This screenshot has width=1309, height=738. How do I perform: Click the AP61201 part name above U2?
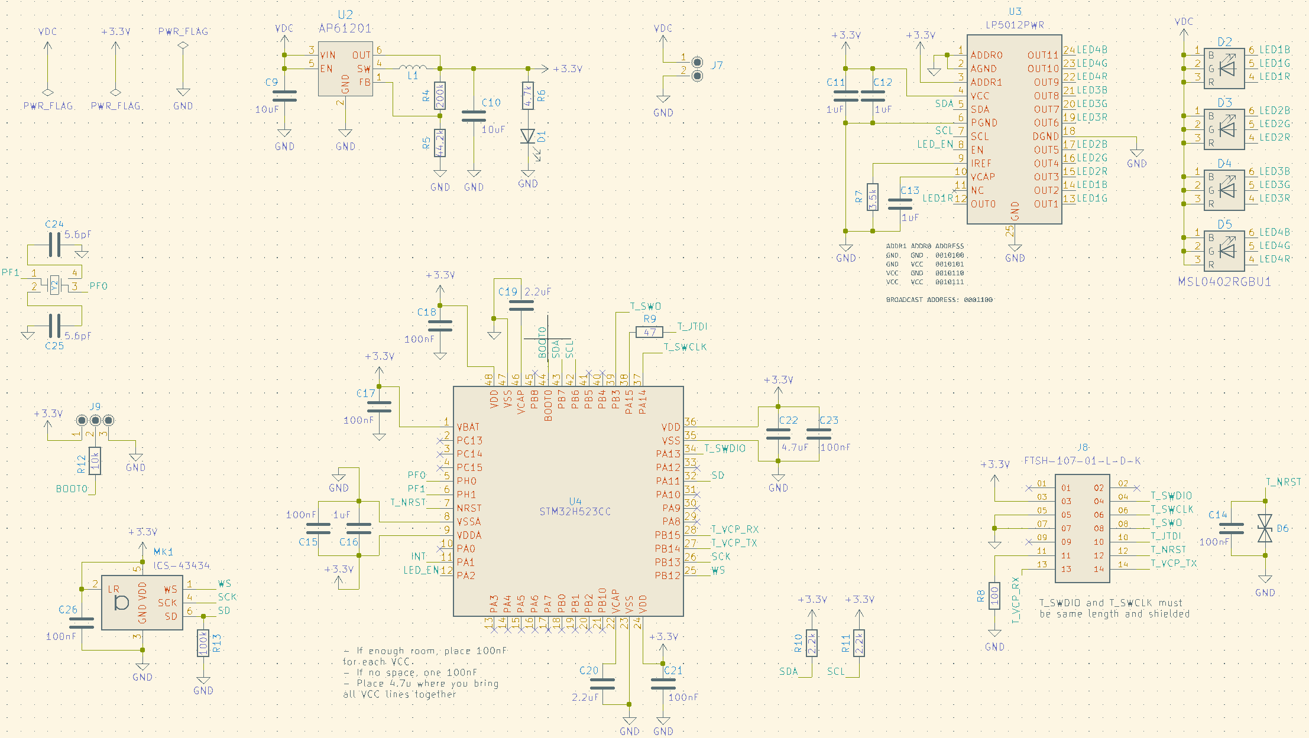click(x=345, y=28)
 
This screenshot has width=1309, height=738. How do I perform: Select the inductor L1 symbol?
click(x=413, y=67)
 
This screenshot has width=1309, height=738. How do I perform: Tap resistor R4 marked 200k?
click(x=440, y=95)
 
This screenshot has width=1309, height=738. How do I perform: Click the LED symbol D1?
click(x=528, y=136)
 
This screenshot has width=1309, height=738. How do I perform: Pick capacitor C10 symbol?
click(x=474, y=116)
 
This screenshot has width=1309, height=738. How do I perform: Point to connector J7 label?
click(x=717, y=65)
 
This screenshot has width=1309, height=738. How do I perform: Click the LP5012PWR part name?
click(x=1015, y=25)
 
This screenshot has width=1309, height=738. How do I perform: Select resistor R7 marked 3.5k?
click(x=873, y=197)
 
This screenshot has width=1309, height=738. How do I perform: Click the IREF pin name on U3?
click(x=981, y=163)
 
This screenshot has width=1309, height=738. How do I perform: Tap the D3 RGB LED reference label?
click(x=1224, y=103)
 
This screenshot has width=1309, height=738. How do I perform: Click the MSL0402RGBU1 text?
click(x=1224, y=282)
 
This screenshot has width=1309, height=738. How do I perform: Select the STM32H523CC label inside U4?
click(x=575, y=512)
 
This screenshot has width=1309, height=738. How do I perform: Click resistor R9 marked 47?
click(x=650, y=332)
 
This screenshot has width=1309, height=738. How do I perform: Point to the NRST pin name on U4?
click(x=469, y=508)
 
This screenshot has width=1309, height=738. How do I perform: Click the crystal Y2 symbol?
click(x=54, y=286)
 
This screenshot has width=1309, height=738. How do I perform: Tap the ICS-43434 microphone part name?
click(x=182, y=565)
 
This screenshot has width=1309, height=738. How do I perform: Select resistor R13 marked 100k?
click(x=203, y=643)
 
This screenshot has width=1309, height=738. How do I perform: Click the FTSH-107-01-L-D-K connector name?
click(x=1082, y=460)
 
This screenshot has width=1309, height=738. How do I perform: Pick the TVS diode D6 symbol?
click(x=1265, y=528)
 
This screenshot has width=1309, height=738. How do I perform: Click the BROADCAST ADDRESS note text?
click(x=939, y=300)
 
